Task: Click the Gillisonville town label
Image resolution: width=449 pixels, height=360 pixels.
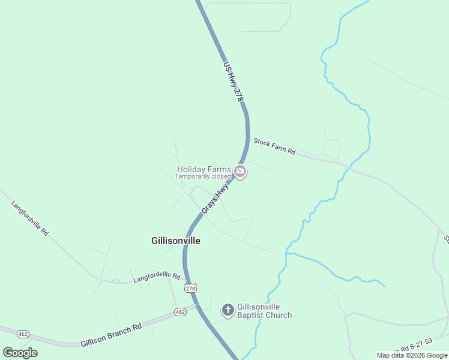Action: click(175, 241)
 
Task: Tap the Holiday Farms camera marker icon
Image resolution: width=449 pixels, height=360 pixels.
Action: click(241, 172)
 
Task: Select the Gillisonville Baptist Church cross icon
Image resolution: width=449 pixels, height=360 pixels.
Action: click(228, 310)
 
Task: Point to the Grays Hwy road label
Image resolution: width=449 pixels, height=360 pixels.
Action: click(215, 199)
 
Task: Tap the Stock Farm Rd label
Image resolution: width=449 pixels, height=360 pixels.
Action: click(274, 147)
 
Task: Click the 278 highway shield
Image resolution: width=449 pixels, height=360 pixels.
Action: click(191, 289)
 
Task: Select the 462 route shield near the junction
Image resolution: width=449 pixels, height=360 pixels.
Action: click(180, 311)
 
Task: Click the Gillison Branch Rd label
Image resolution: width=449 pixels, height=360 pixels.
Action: click(112, 335)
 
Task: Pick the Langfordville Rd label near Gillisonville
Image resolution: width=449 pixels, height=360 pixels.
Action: click(157, 277)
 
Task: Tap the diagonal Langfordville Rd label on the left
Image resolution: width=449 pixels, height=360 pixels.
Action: click(29, 217)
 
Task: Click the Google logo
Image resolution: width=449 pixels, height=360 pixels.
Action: click(20, 353)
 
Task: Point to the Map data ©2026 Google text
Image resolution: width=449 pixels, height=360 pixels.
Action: click(412, 355)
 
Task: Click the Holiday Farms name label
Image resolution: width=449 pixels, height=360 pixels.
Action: click(203, 169)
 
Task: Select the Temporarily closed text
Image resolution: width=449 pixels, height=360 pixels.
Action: click(203, 176)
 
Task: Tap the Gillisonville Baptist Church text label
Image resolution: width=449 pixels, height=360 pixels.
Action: click(264, 311)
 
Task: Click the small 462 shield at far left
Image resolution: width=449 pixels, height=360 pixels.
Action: click(23, 333)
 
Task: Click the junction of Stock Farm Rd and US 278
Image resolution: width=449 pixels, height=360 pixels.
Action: click(248, 139)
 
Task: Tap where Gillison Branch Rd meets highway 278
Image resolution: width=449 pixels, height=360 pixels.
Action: click(197, 306)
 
